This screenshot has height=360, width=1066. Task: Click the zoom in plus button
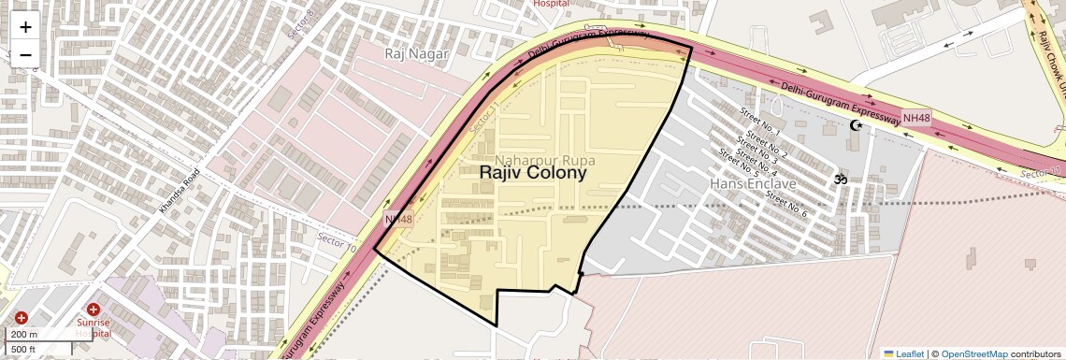pos(25,27)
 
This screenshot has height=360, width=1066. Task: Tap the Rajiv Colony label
pos(533,172)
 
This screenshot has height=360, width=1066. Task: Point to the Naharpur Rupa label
pos(545,160)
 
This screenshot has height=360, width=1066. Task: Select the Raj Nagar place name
pos(417,54)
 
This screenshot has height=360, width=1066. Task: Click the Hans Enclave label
pos(753,183)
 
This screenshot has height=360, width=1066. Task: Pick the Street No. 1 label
pos(759,122)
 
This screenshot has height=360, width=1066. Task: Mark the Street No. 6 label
pos(785,204)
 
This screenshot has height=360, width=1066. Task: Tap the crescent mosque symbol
pos(854,125)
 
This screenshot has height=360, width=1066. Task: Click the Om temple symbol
pos(840,179)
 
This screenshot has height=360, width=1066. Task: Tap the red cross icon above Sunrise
pos(94,310)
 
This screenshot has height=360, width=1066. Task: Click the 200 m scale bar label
pos(24,335)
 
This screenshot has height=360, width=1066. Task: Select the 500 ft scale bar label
pos(24,350)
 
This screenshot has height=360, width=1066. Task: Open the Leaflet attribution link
pos(904,354)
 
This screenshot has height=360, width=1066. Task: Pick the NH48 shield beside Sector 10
pos(398,219)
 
